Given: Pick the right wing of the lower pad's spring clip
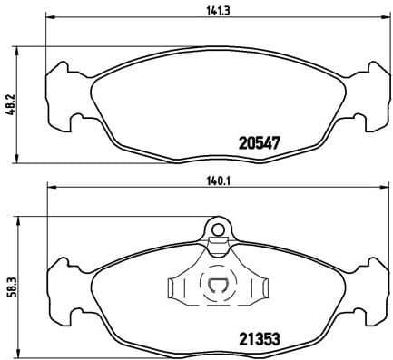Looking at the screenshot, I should tap(258, 288).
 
